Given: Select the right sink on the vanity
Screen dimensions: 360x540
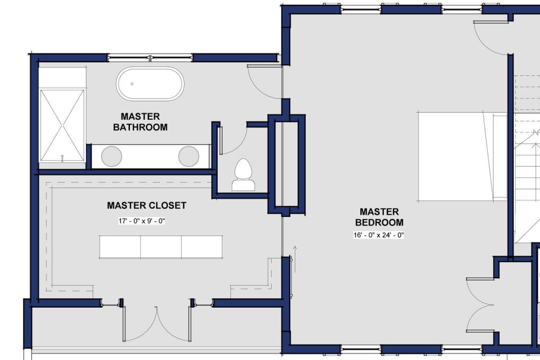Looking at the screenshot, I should click(189, 155).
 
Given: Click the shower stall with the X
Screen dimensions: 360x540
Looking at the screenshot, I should click(62, 125).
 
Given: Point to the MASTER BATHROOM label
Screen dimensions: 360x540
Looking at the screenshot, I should click(140, 122).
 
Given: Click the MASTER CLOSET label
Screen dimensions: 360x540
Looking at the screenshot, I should click(147, 206).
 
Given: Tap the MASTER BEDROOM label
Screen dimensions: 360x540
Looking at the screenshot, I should click(379, 217).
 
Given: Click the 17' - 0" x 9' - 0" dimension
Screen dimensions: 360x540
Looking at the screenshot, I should click(141, 221).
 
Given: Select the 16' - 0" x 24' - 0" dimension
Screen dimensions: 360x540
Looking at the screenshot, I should click(379, 235).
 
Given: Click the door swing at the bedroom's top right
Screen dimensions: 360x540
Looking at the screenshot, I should click(490, 37).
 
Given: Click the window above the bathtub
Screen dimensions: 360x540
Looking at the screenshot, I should click(150, 58).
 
